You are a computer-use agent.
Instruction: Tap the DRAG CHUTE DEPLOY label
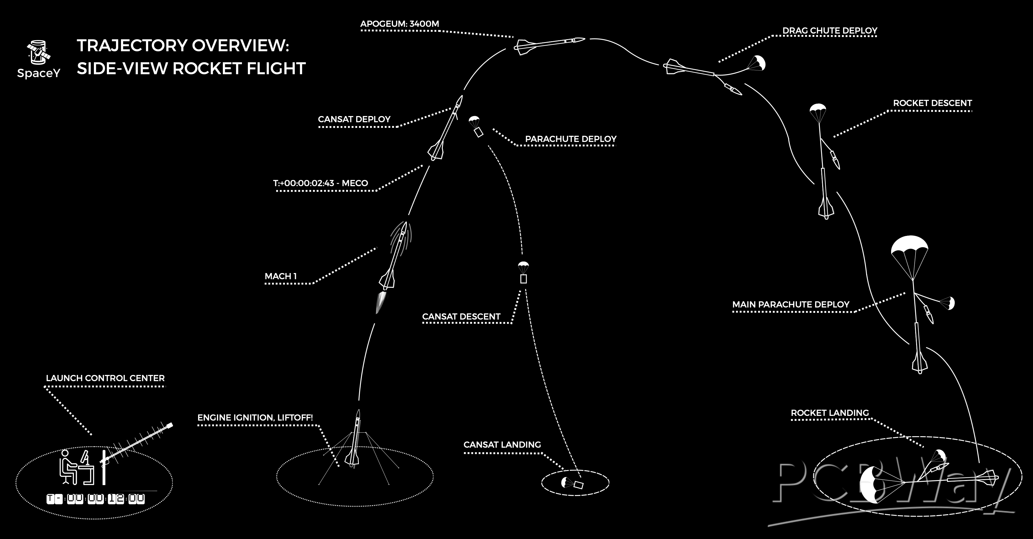(x=830, y=31)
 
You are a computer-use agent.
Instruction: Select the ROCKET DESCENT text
(x=932, y=103)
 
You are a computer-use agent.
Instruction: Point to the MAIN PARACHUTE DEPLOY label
(x=791, y=305)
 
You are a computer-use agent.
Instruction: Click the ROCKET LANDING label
(x=830, y=413)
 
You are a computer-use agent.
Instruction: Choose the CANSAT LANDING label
(x=502, y=445)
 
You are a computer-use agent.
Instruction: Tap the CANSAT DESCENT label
(x=461, y=317)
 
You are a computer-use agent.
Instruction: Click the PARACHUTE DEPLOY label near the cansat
(x=571, y=139)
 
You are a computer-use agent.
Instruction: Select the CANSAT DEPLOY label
(x=354, y=120)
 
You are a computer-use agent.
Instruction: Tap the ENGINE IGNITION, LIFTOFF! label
(x=255, y=418)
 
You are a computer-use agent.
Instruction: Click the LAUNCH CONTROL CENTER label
(x=105, y=378)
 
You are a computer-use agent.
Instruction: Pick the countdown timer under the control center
(x=95, y=499)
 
